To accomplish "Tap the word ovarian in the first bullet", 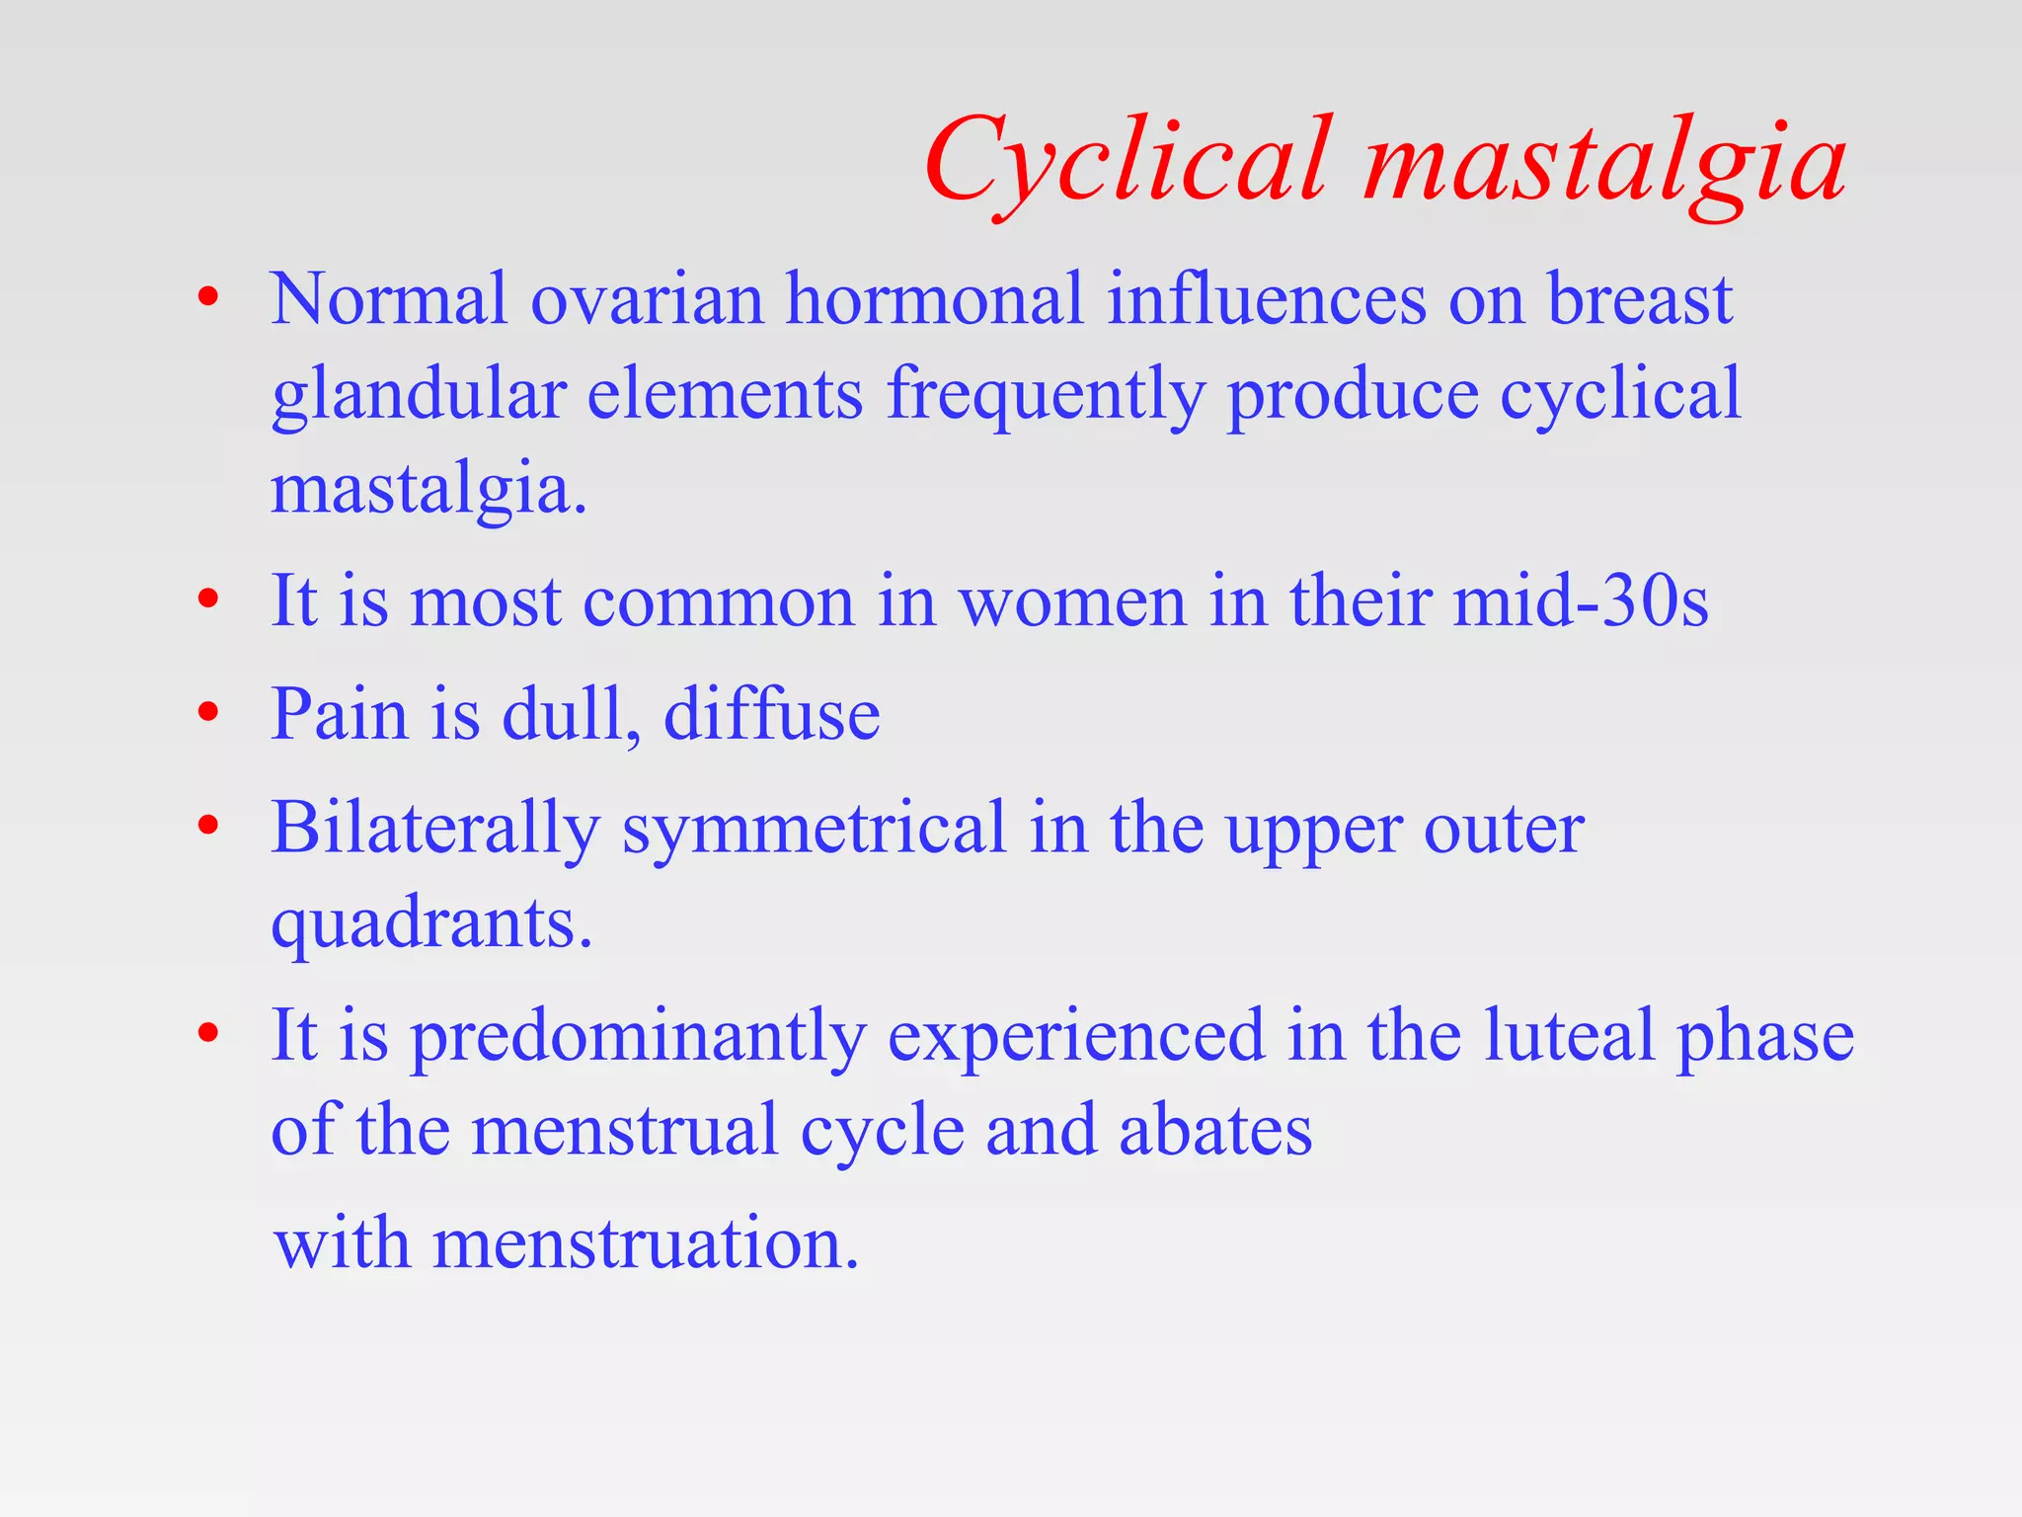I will pos(648,299).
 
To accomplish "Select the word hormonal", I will pos(934,299).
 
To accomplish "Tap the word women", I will pos(1072,602).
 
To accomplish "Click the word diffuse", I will pos(771,713).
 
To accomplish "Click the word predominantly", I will pos(638,1037).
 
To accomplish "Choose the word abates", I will pos(1215,1131).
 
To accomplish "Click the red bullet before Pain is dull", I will pos(207,712).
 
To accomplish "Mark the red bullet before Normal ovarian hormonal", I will pos(207,297).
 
